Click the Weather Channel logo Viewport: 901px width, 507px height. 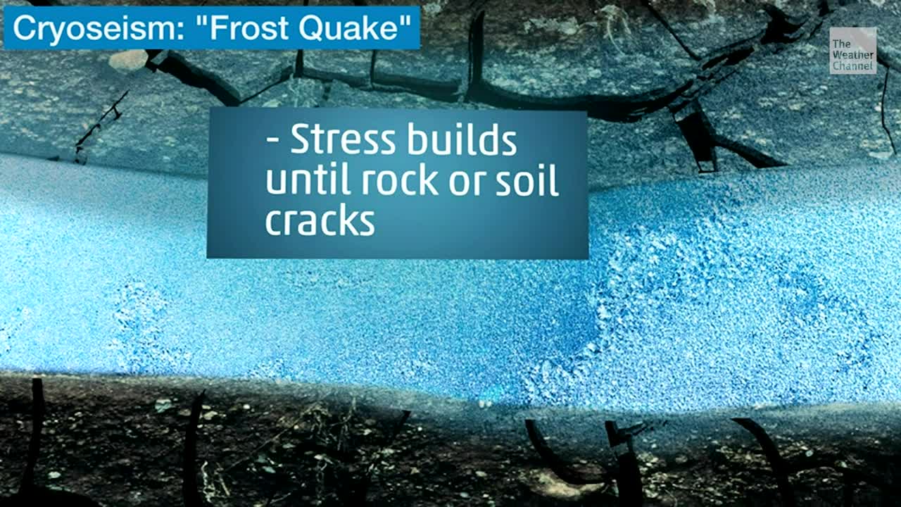tap(852, 51)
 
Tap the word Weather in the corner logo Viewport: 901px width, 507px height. tap(852, 55)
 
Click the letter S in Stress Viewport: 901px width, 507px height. tap(301, 140)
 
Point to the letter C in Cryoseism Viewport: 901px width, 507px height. tap(23, 30)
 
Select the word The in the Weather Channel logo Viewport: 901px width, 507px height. tap(841, 44)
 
